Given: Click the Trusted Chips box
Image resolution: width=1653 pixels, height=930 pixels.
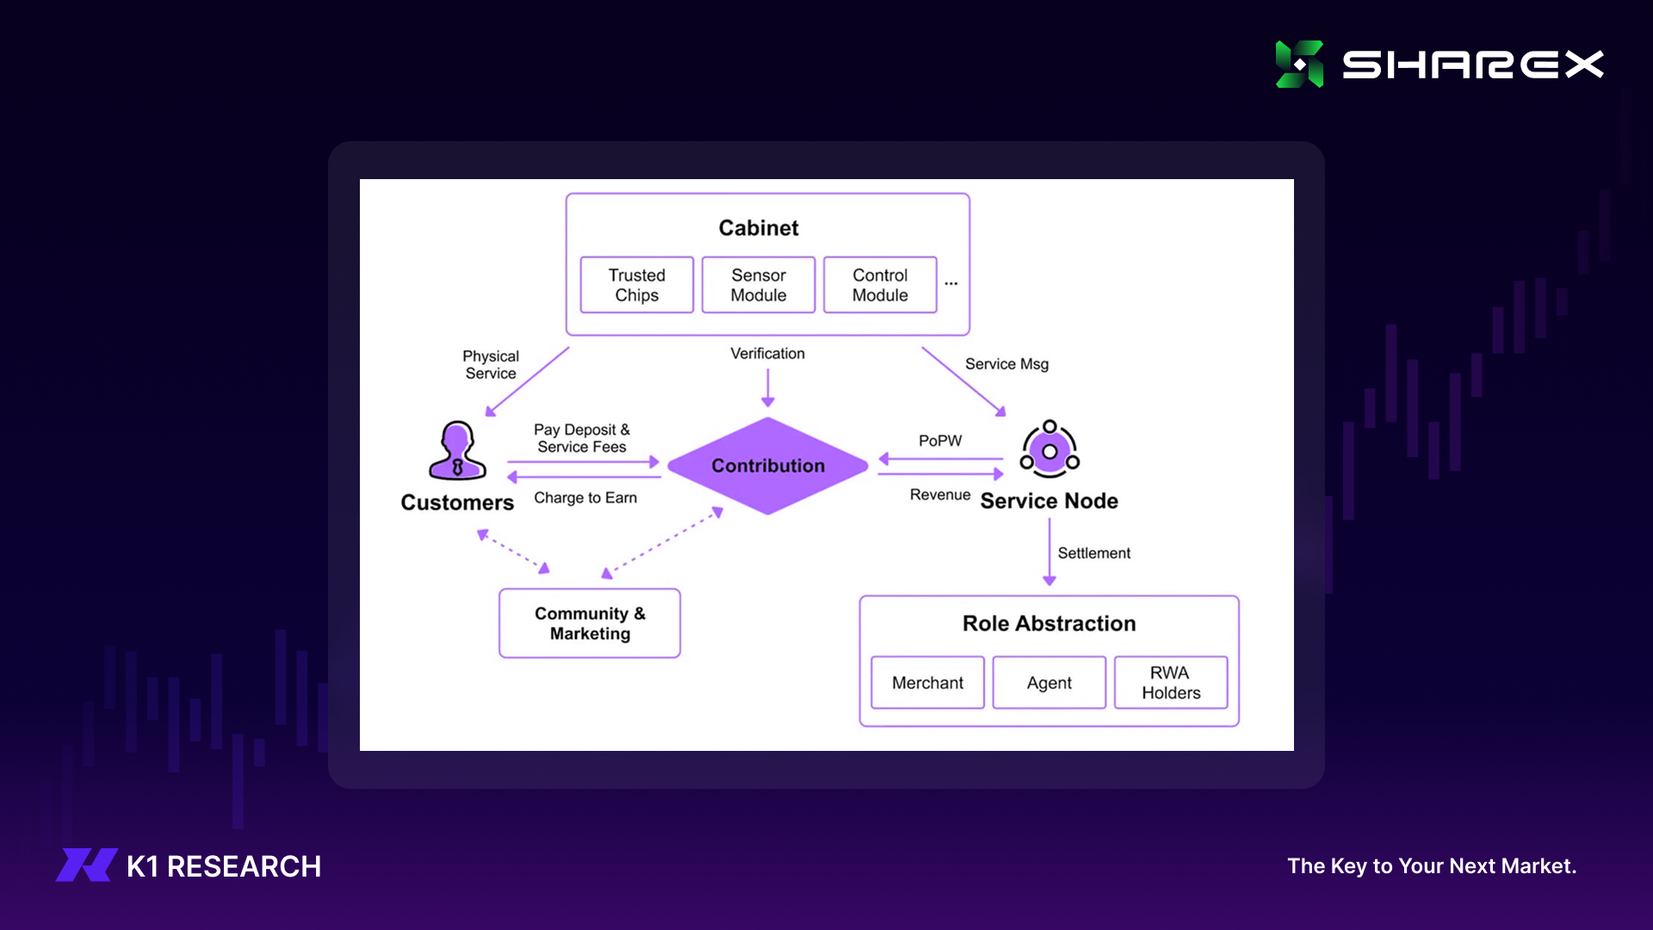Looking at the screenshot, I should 637,285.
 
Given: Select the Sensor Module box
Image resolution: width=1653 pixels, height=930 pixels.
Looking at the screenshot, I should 758,285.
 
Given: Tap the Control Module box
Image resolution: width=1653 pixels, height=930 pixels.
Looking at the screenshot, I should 880,285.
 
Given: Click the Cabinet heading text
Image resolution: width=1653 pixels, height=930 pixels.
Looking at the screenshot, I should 758,228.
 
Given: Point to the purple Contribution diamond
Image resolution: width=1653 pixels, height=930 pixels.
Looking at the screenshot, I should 768,466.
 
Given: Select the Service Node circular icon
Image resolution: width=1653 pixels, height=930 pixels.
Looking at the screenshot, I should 1049,449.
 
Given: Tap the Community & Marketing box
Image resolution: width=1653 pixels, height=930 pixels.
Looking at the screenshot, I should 590,623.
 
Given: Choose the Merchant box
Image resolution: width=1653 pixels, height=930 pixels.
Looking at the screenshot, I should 927,683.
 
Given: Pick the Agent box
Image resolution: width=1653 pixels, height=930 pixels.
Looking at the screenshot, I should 1049,683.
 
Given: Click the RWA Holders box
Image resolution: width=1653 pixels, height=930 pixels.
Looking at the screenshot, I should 1171,683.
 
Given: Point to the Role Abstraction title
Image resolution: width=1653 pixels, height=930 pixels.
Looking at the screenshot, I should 1049,623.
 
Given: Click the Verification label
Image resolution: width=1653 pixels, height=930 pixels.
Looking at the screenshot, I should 767,354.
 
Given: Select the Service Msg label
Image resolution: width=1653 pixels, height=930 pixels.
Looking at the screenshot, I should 1006,364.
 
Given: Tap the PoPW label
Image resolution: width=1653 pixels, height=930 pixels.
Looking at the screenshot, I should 940,441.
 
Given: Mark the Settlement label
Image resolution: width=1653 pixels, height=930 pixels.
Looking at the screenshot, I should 1093,554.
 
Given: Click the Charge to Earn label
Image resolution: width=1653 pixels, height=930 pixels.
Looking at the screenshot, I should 585,498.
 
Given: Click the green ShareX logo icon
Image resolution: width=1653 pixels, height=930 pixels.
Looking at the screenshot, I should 1299,65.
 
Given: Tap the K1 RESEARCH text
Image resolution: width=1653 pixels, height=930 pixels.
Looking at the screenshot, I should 224,866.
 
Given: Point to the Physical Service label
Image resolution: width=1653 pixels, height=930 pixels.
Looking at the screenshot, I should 491,365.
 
